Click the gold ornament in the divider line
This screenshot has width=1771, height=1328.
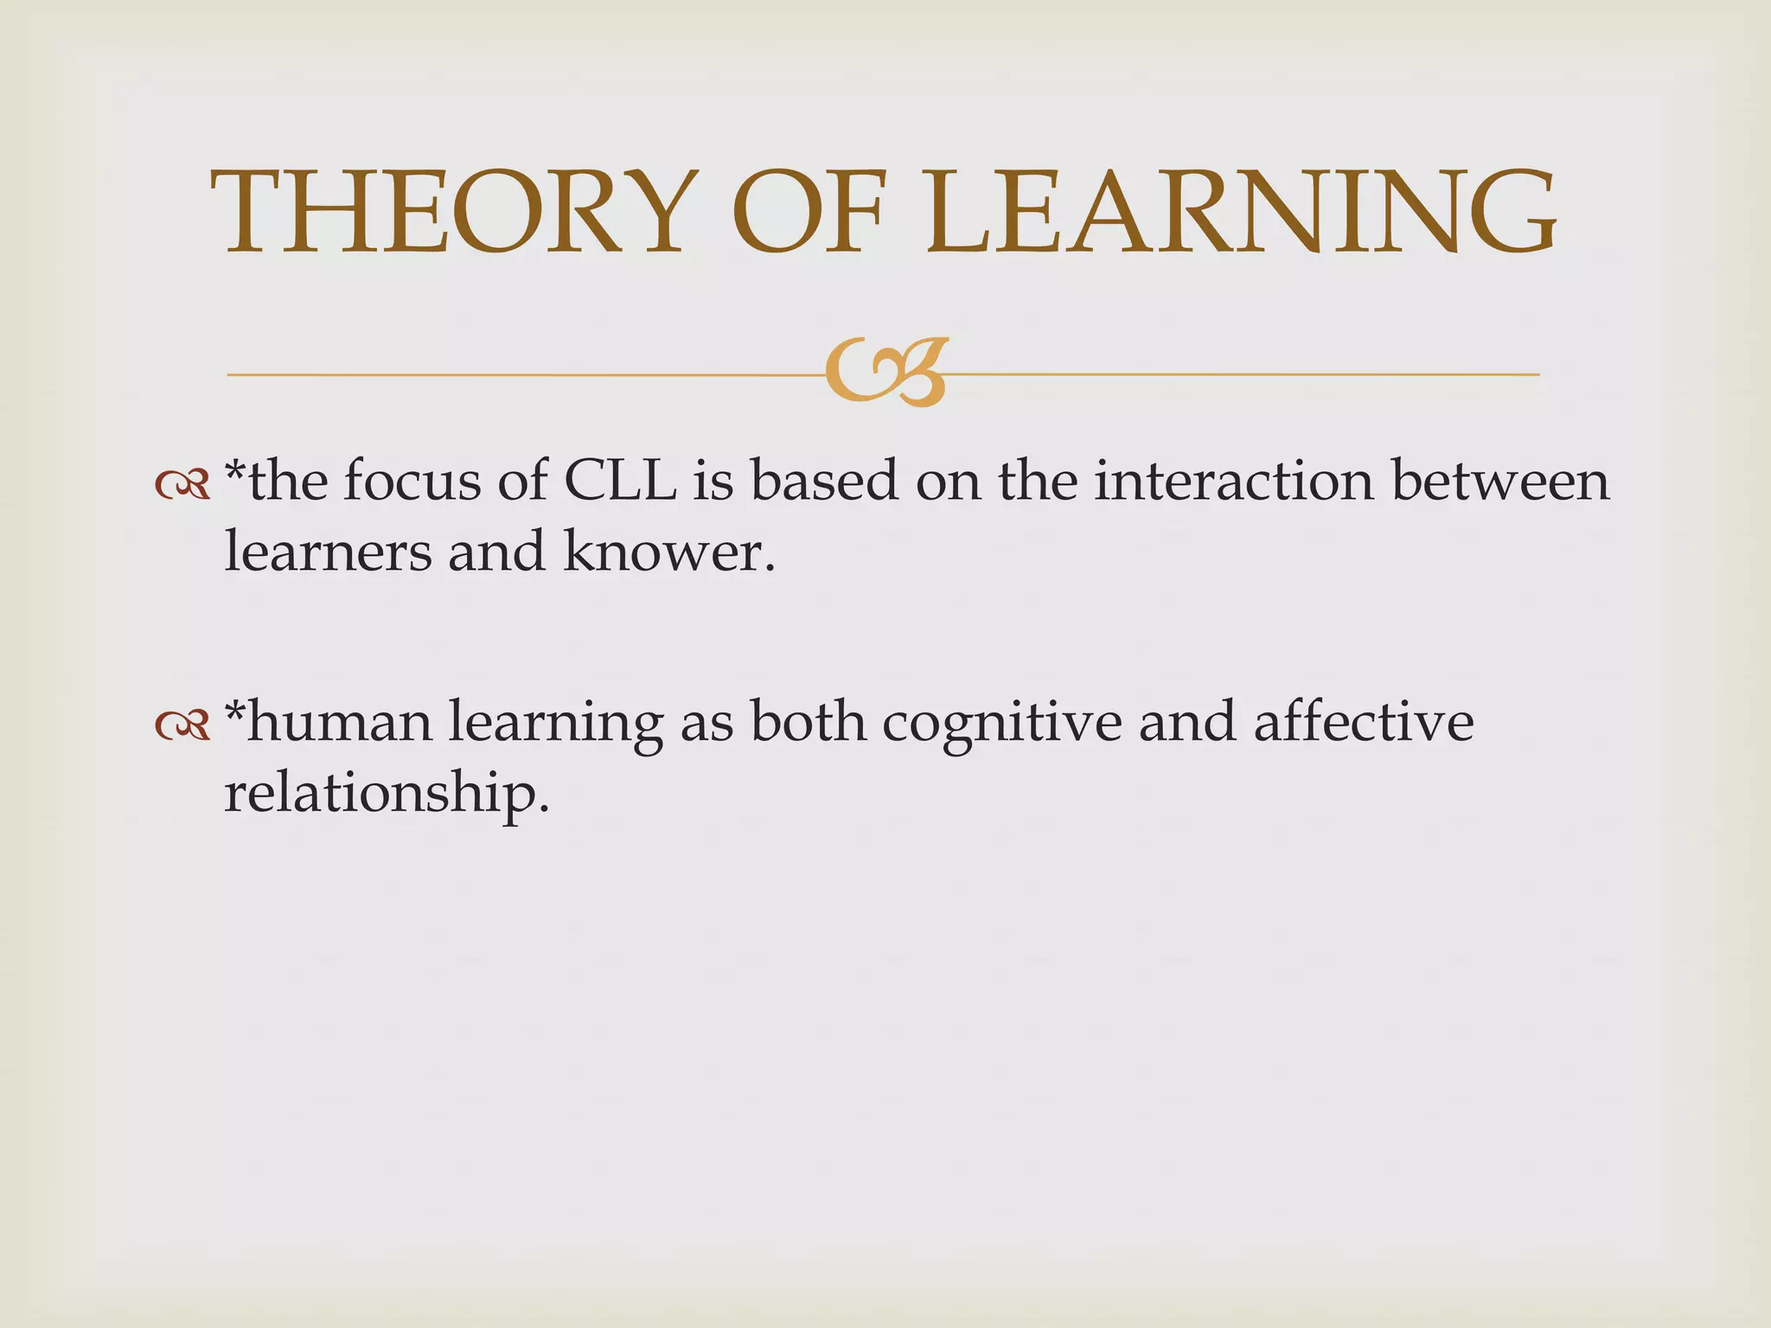(886, 372)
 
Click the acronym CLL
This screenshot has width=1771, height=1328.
(619, 481)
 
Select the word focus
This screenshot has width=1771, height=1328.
(412, 481)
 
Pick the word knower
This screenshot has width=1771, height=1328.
(668, 552)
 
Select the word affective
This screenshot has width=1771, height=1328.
(1364, 722)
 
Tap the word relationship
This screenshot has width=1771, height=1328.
(386, 794)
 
